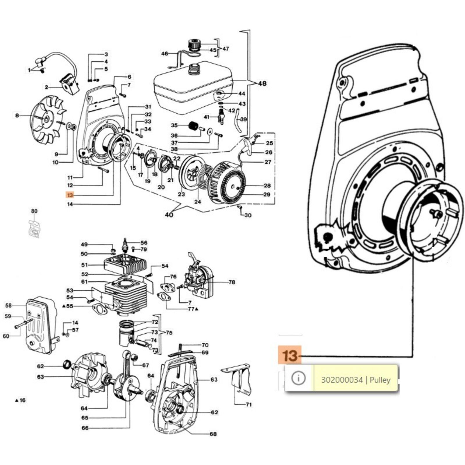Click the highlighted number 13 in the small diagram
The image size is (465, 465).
click(70, 195)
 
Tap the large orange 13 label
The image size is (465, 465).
click(290, 355)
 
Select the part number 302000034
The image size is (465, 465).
click(342, 380)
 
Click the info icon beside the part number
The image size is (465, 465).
click(298, 378)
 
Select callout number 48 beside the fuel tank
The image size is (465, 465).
click(262, 83)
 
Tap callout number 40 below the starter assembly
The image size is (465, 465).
click(169, 214)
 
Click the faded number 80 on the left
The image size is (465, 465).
click(34, 211)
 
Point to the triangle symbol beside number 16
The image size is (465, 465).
click(16, 400)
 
